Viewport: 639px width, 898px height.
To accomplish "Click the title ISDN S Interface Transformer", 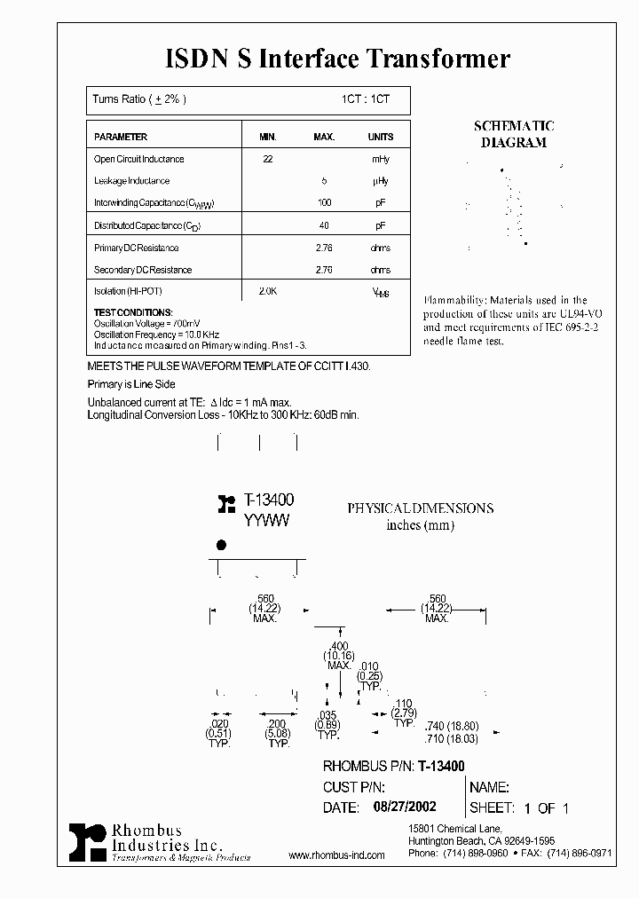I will coord(338,59).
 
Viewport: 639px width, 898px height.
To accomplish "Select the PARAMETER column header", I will coord(121,138).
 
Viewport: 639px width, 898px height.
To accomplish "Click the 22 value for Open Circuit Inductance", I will coord(267,160).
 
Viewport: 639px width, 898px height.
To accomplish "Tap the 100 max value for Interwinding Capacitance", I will coord(324,203).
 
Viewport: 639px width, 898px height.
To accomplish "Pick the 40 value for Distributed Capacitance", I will coord(324,225).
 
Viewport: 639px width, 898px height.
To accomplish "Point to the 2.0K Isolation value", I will coord(267,291).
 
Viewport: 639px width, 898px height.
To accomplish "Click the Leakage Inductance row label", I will coord(131,181).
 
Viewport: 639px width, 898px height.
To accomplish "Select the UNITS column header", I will coord(380,138).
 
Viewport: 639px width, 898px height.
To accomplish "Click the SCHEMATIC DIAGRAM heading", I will coord(514,135).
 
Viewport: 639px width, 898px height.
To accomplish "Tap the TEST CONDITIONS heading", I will coord(132,312).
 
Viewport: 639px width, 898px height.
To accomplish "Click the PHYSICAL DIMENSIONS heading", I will coord(420,508).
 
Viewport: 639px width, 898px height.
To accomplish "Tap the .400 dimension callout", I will coord(338,645).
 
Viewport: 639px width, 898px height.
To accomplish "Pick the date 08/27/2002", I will coord(399,807).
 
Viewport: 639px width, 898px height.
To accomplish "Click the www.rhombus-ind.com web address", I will coord(337,855).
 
